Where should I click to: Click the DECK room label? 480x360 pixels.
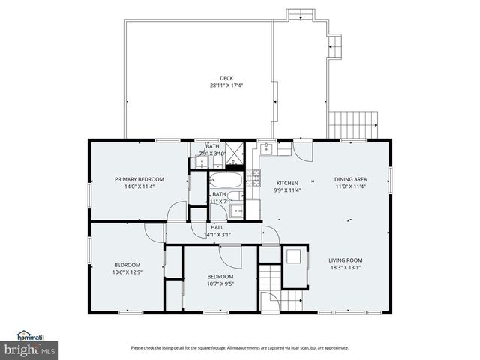pos(226,78)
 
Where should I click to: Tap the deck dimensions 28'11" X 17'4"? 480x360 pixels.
pos(226,85)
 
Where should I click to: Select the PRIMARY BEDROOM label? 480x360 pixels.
pos(139,179)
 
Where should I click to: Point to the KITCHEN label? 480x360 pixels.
pos(288,183)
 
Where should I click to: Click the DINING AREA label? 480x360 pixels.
pos(350,179)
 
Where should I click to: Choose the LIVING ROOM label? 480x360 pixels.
pos(346,260)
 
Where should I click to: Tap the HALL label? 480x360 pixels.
pos(217,227)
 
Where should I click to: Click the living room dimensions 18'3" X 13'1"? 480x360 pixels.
pos(346,268)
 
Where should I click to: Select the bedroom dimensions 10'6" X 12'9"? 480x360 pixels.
pos(127,271)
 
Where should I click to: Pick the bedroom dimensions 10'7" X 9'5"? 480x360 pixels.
pos(220,283)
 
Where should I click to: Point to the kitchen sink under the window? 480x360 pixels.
pos(267,148)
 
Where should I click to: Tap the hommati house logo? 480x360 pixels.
pos(30,335)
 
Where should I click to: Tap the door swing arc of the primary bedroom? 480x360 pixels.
pos(176,211)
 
